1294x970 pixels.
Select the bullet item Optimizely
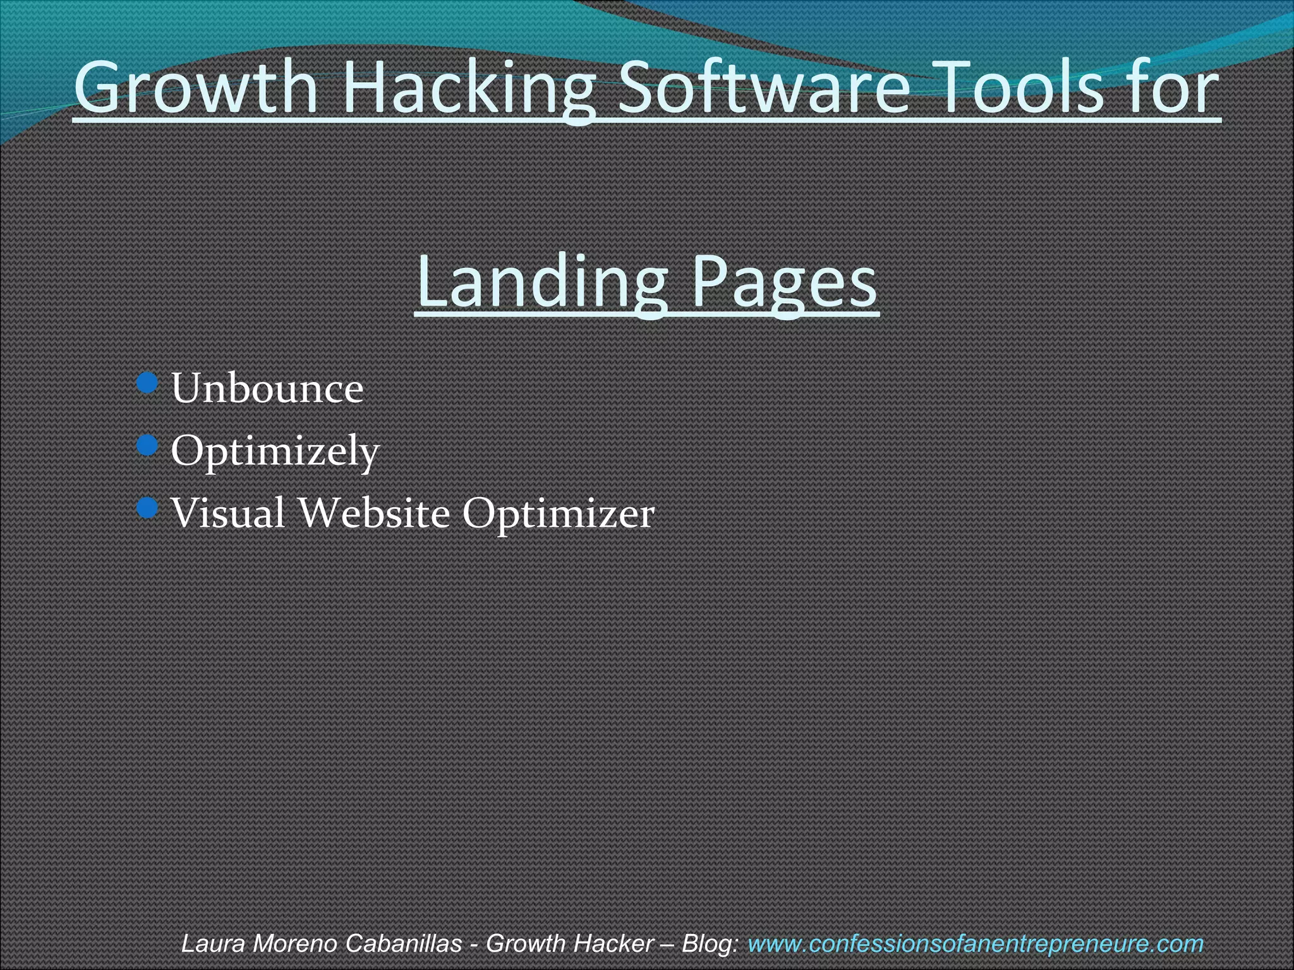[x=275, y=451]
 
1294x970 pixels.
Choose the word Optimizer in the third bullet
[x=558, y=513]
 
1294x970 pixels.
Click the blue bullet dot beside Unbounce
[x=147, y=382]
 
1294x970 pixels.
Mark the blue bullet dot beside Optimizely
[x=147, y=445]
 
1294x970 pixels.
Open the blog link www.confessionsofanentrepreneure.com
[x=976, y=943]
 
